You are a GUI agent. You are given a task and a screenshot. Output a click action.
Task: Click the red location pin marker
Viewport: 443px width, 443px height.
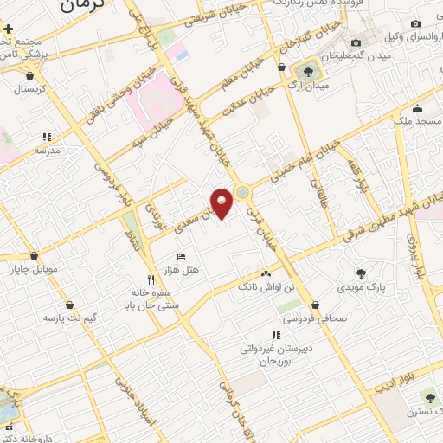click(222, 203)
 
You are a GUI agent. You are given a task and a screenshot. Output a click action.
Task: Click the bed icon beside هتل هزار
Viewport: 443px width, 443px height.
click(181, 256)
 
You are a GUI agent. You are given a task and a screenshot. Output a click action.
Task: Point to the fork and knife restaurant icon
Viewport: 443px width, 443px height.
click(151, 279)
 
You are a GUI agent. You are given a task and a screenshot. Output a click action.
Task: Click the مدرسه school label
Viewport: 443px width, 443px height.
click(47, 150)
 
